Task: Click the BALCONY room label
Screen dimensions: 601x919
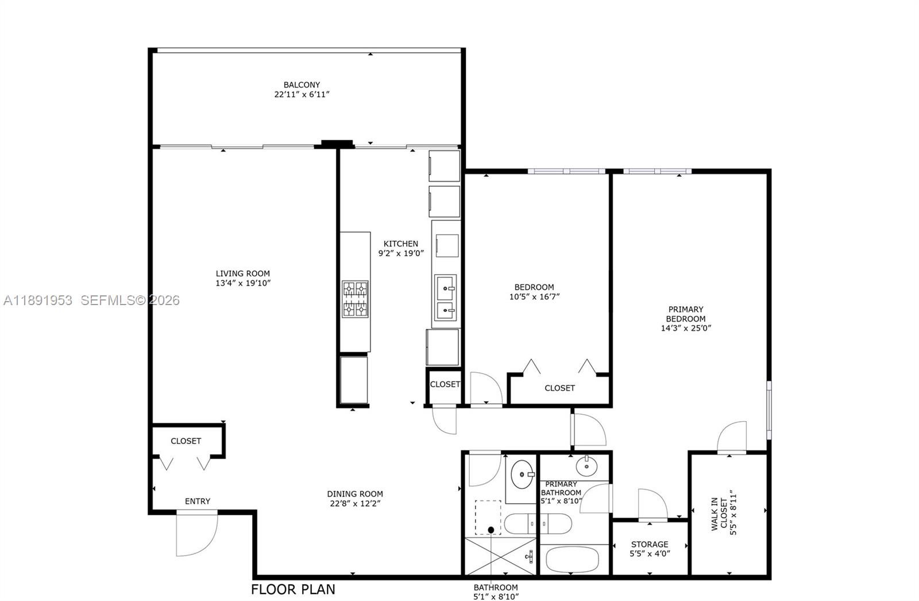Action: (x=302, y=84)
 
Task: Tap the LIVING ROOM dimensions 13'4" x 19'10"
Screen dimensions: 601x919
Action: (x=243, y=283)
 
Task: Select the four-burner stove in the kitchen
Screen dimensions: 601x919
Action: (x=355, y=299)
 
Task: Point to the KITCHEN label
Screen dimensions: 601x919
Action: (x=401, y=244)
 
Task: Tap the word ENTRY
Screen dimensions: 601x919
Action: (x=197, y=502)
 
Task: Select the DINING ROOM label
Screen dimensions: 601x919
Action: (x=355, y=494)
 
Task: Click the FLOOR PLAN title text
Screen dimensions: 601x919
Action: (x=293, y=590)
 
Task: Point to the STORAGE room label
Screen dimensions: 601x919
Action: (x=650, y=544)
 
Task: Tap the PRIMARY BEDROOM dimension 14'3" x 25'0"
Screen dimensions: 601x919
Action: (x=686, y=329)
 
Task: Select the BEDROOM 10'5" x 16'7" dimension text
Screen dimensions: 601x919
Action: (x=534, y=297)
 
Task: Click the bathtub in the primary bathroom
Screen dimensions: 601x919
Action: (x=573, y=560)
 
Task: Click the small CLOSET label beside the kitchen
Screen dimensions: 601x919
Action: (x=445, y=384)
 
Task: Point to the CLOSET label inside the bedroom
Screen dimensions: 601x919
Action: (x=559, y=388)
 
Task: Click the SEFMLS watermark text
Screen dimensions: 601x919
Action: (x=129, y=300)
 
